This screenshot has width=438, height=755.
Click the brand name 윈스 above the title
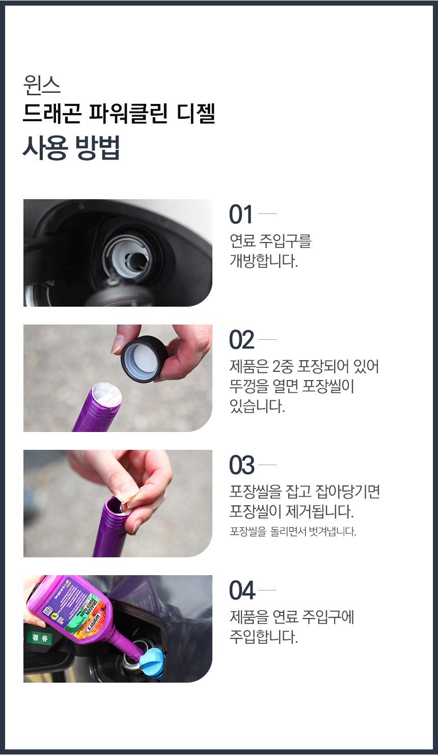(42, 85)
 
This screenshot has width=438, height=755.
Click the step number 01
(240, 214)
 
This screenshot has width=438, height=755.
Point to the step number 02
(241, 340)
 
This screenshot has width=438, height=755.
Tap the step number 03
(241, 465)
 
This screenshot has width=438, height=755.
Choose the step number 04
(242, 590)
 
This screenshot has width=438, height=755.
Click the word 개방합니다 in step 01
(264, 260)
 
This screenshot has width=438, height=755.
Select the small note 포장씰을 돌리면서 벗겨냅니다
(293, 531)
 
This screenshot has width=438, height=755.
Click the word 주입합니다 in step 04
(264, 637)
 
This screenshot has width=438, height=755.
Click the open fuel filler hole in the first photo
(136, 261)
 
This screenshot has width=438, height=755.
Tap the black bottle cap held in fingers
(144, 358)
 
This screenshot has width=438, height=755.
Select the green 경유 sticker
(40, 638)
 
